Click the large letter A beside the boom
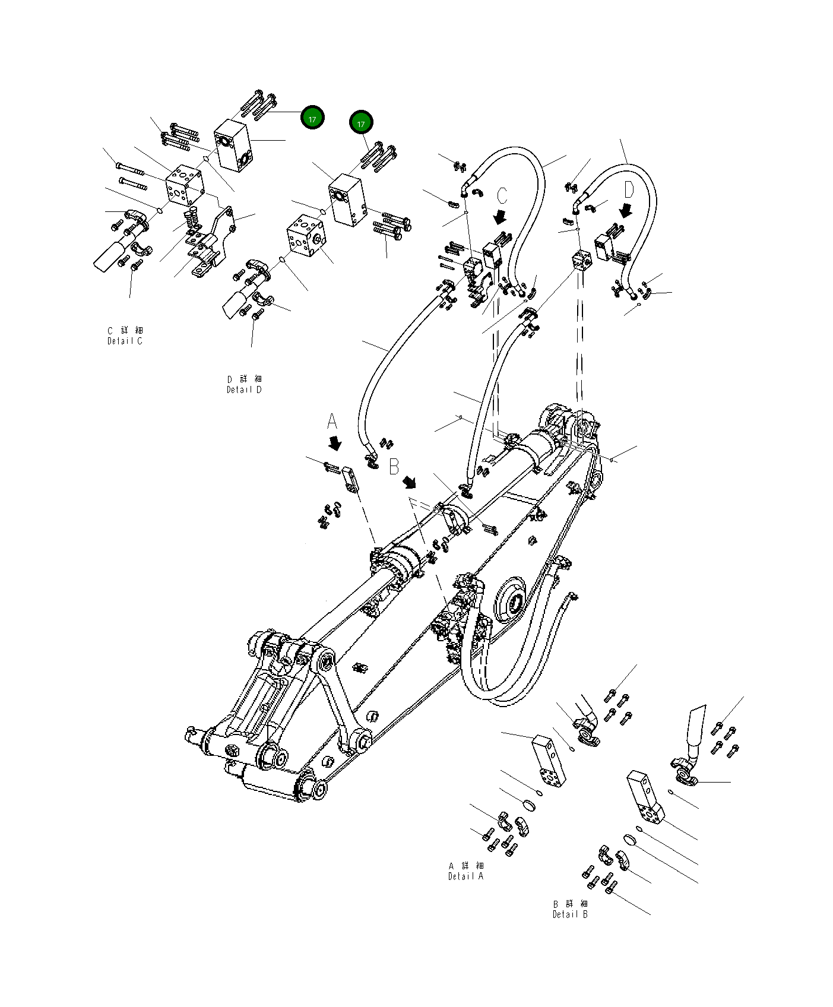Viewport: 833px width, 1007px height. coord(332,422)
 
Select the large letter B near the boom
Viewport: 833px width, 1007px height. coord(394,467)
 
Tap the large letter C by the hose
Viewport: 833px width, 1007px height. coord(502,195)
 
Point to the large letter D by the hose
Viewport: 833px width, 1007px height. coord(629,190)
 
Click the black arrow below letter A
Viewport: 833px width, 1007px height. coord(335,444)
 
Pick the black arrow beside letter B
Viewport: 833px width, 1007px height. coord(410,482)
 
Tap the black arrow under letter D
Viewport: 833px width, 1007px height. coord(626,211)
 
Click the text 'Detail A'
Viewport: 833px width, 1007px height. coord(466,876)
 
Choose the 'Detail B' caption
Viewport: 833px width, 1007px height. coord(570,914)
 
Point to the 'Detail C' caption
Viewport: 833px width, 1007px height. coord(125,341)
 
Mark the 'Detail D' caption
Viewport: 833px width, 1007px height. coord(244,389)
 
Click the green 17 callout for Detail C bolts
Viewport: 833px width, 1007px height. coord(312,119)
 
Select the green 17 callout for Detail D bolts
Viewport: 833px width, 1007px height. coord(361,123)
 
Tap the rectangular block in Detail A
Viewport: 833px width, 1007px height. coord(548,761)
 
